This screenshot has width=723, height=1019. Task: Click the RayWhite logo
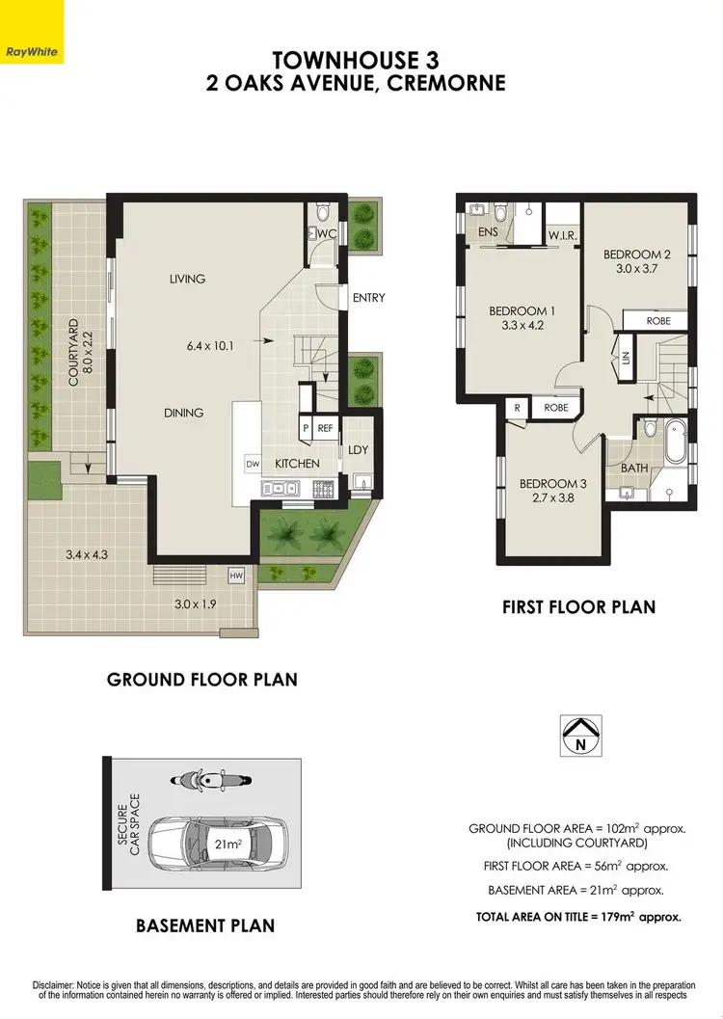[32, 51]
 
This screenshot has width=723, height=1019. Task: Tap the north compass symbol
[580, 736]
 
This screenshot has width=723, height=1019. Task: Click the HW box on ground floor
[235, 577]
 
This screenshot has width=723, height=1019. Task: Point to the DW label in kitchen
[253, 464]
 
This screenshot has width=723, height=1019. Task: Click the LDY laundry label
[358, 450]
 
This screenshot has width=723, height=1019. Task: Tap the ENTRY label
[368, 298]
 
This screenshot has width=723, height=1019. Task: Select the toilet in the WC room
[323, 213]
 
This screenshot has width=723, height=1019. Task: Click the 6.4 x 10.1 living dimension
[214, 341]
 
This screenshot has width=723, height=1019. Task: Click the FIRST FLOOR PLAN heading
[578, 607]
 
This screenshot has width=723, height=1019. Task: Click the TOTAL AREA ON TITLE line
[578, 917]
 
